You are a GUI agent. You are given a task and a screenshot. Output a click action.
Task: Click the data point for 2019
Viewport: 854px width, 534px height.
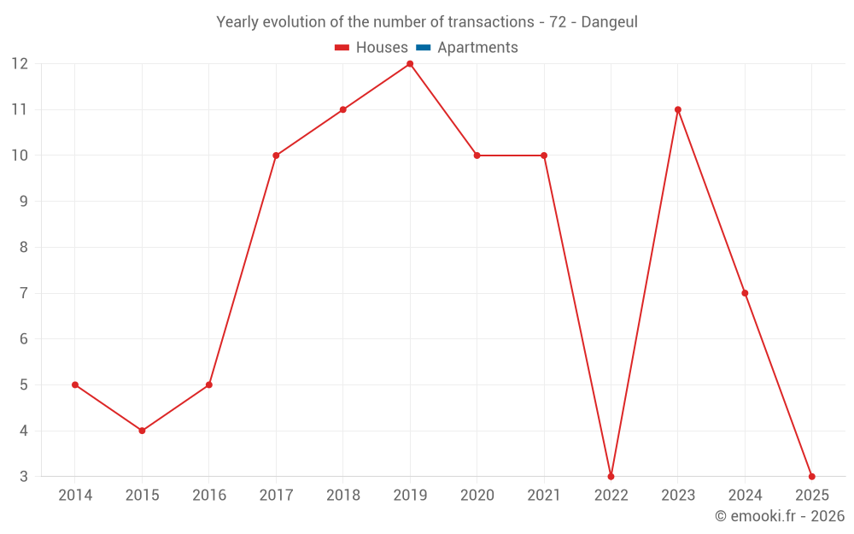410,64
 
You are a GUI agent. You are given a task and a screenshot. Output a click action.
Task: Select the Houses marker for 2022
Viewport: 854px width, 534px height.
611,476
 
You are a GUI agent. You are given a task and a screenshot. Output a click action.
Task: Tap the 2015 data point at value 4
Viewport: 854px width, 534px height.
142,431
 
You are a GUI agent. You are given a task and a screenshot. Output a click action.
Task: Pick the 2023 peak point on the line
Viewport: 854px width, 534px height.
678,109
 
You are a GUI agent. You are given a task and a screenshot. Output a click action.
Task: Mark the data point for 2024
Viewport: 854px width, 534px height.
745,293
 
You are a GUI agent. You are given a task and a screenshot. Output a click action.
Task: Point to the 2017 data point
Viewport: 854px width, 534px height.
276,156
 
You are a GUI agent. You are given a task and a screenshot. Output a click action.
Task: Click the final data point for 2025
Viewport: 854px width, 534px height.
811,476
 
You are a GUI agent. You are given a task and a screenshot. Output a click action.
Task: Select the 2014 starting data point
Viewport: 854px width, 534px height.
75,384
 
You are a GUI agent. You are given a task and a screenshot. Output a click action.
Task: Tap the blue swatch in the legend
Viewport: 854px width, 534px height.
423,48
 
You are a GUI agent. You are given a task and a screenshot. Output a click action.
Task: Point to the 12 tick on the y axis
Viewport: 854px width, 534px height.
20,64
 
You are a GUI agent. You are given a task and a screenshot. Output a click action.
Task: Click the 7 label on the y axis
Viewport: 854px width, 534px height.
24,293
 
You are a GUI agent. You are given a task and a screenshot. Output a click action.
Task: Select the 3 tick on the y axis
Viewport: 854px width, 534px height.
24,476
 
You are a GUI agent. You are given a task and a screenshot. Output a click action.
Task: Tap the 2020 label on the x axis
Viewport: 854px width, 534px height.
477,496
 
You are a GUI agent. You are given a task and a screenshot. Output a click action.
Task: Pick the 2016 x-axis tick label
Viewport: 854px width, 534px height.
209,496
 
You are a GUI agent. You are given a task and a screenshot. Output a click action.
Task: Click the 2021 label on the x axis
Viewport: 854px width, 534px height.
544,496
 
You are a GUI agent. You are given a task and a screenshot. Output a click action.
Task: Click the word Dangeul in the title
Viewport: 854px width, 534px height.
609,22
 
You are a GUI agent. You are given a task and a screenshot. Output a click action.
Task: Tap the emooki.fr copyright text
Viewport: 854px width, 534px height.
780,516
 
